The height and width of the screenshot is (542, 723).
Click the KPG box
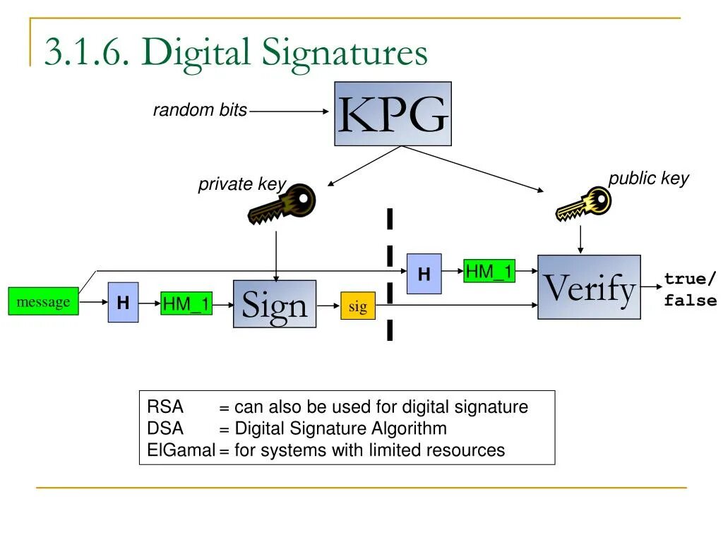click(393, 114)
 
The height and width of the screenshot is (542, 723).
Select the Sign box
click(275, 304)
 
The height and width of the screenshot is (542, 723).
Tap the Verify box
click(589, 287)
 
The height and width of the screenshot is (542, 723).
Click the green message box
click(43, 302)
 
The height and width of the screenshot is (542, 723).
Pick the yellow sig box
click(358, 306)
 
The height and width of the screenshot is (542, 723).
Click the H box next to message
click(123, 303)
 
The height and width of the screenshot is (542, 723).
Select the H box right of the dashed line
click(424, 274)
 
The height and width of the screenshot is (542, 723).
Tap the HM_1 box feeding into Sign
click(186, 304)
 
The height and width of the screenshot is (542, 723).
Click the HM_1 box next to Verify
click(489, 271)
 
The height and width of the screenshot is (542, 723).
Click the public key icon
click(583, 205)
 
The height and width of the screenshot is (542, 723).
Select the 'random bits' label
click(201, 110)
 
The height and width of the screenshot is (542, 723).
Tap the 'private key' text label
click(241, 185)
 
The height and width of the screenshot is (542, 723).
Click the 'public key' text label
click(648, 179)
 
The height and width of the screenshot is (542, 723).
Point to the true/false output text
click(690, 290)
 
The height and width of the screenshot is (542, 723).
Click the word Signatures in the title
click(345, 54)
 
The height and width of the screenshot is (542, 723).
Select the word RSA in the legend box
click(165, 407)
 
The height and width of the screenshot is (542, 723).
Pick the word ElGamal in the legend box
click(181, 450)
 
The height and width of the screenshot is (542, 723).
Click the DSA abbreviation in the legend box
click(165, 428)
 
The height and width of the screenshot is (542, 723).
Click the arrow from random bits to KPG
click(289, 111)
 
